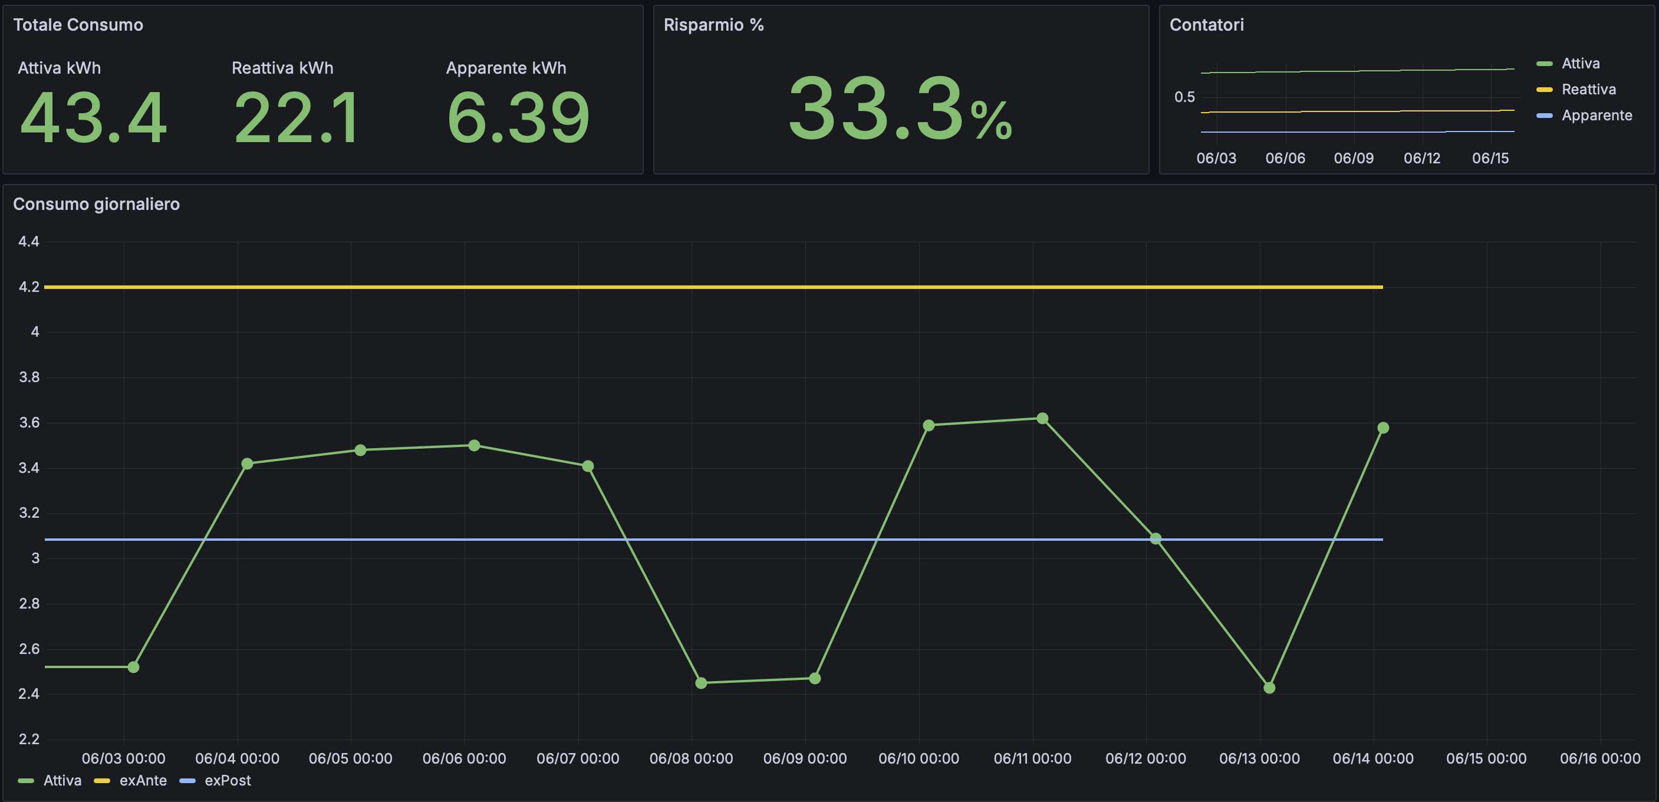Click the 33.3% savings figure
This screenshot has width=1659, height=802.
(900, 109)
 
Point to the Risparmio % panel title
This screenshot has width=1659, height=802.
(713, 25)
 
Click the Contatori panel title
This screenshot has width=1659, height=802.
(1206, 25)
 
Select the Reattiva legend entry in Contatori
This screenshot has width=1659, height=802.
(1588, 90)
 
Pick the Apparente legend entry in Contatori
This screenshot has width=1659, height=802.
(1596, 116)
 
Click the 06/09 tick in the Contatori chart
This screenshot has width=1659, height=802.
(1353, 159)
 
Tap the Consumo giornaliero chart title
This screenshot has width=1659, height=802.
(97, 204)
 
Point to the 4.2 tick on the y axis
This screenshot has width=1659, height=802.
(28, 287)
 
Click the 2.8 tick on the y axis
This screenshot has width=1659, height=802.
(28, 604)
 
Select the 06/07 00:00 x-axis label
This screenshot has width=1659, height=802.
(578, 759)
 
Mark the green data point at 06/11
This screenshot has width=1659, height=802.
(1042, 419)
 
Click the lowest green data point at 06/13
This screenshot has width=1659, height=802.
(1269, 688)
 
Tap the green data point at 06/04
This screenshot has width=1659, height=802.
(246, 464)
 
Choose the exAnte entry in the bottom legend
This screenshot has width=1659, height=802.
(142, 781)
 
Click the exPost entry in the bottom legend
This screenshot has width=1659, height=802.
(227, 781)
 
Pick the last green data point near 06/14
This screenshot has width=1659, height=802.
(1382, 428)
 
